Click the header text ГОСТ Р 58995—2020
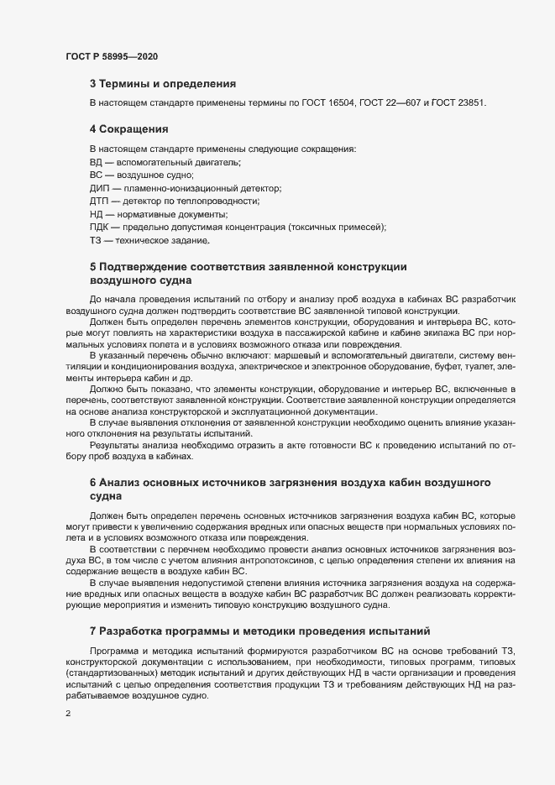coord(111,56)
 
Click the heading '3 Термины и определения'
coord(162,84)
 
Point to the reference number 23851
coord(469,102)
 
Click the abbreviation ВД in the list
coord(97,161)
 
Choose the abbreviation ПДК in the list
coord(101,228)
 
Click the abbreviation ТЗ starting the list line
coord(96,241)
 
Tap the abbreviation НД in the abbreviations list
coord(97,215)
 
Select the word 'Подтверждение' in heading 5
coord(143,267)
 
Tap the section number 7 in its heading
coord(92,629)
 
